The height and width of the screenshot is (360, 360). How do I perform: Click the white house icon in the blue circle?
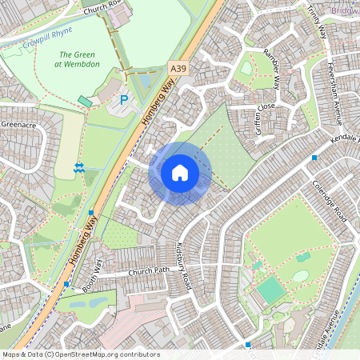pos(180,172)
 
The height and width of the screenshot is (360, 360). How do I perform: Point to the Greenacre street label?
pos(19,125)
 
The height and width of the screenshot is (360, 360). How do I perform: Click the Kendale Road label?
pos(344,143)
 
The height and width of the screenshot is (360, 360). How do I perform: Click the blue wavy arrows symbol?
pos(79,167)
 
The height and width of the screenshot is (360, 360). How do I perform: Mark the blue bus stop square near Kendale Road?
pos(314,158)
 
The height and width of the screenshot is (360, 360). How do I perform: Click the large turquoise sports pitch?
pos(271,290)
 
